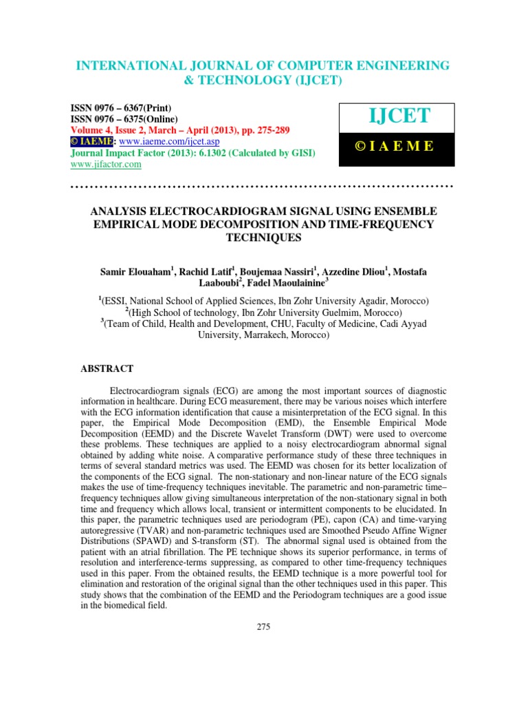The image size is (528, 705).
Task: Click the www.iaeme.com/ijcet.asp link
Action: tap(145, 141)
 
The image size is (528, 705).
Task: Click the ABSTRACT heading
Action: tap(107, 369)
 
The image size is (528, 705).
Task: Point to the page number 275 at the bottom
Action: tap(264, 626)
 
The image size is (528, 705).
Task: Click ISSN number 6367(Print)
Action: tap(147, 108)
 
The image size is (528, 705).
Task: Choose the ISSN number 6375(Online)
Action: tap(150, 119)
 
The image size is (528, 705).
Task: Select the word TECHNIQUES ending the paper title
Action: tap(264, 237)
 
